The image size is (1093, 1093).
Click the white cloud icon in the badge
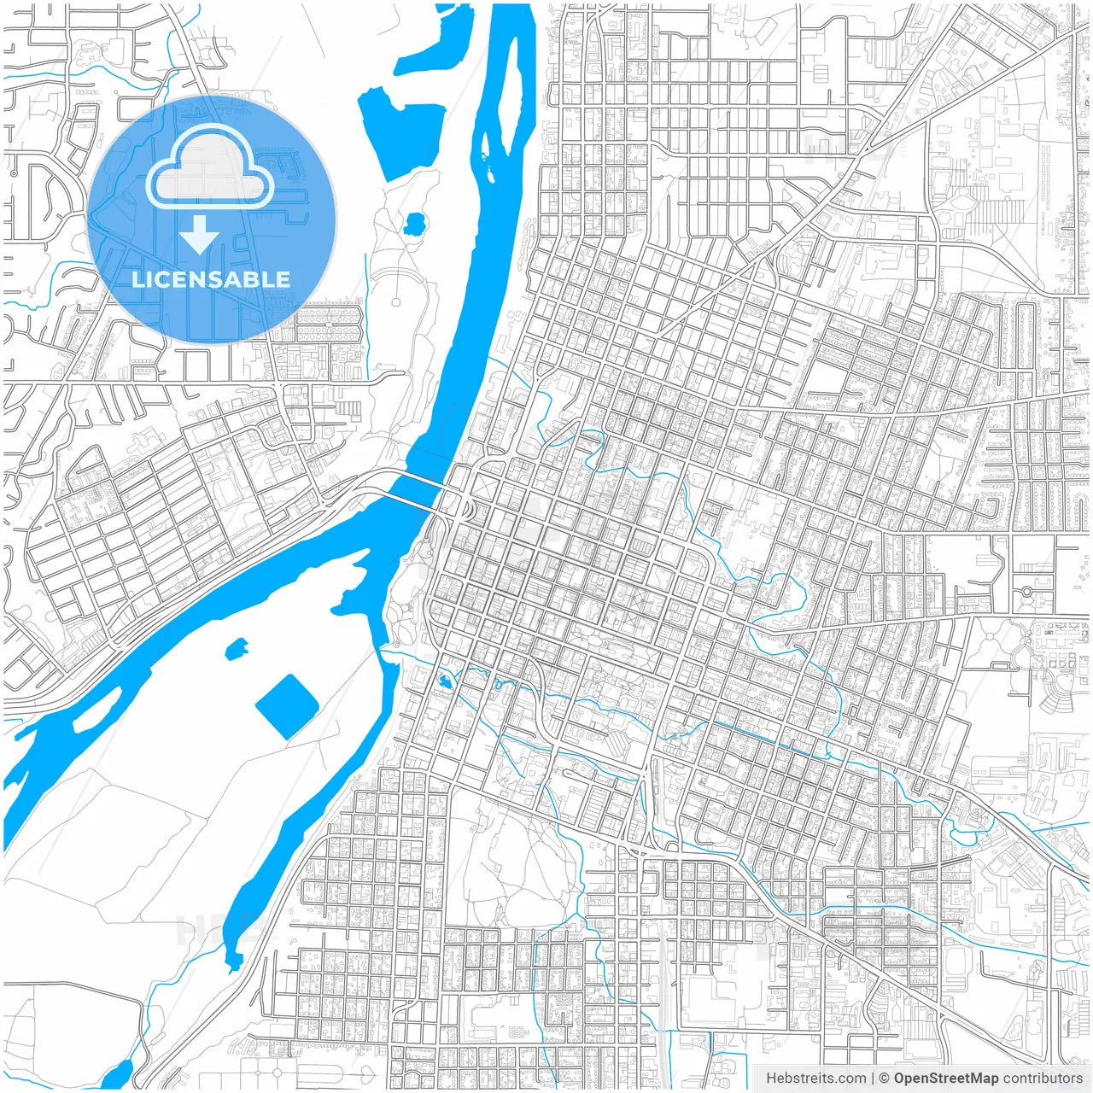210,167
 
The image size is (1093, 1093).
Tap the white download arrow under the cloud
200,235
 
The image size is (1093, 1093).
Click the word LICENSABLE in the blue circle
211,279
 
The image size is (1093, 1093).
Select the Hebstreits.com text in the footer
815,1078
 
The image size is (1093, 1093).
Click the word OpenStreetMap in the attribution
946,1078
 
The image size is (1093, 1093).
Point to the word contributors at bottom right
1043,1078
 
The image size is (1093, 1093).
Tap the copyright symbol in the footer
885,1078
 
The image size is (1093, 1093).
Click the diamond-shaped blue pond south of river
287,706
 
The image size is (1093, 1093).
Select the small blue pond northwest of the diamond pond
237,649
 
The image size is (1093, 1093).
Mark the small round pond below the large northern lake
416,225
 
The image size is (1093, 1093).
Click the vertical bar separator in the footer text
872,1078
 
